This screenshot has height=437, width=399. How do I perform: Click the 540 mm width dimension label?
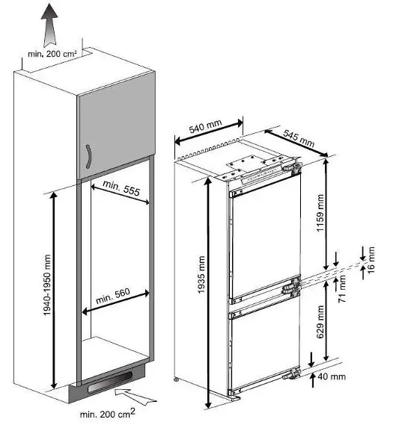pos(206,126)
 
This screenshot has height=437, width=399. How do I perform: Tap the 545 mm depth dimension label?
pos(299,138)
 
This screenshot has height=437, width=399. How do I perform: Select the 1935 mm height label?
pos(201,274)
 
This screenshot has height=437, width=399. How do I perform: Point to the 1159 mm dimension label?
pos(320,213)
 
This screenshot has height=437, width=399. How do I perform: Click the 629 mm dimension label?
pos(320,322)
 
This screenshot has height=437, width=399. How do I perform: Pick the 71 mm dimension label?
pos(342,289)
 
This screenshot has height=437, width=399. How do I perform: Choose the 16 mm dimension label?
pos(371,260)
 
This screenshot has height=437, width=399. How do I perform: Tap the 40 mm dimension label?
pos(332,376)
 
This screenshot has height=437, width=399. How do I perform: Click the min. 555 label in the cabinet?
pos(121,187)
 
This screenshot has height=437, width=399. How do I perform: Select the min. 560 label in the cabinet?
pos(113,296)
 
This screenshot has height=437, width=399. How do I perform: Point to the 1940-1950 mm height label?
pos(47,285)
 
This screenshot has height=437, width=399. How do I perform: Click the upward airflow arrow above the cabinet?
pos(49,25)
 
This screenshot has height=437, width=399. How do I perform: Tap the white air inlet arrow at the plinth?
pos(135,396)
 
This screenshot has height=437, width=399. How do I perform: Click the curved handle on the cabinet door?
pos(89,156)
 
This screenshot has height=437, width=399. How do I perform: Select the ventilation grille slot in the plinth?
pos(110,381)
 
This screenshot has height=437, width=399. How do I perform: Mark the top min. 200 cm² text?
pos(52,54)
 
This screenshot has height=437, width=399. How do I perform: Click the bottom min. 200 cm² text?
pos(108,413)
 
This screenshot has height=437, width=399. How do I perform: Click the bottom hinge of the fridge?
pos(291,374)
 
